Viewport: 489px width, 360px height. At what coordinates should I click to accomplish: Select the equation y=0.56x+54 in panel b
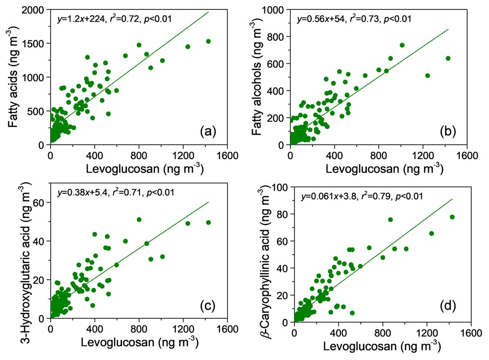(x=320, y=19)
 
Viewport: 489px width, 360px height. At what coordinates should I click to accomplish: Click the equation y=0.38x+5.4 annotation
(x=81, y=193)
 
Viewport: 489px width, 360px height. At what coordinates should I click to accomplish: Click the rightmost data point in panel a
(x=208, y=41)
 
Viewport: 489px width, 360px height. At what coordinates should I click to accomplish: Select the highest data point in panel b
(x=402, y=45)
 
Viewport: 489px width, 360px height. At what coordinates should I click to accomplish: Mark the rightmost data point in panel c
(x=208, y=223)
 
